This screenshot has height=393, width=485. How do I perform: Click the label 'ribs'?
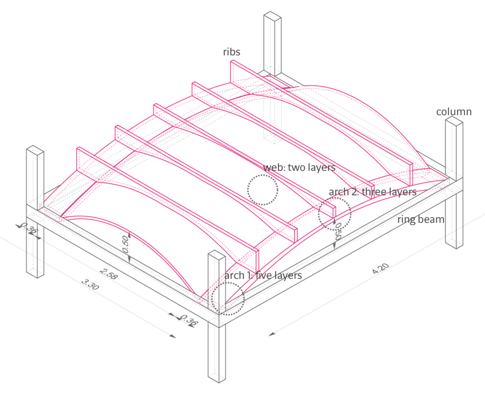tap(231, 52)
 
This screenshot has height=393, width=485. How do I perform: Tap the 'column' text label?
tap(454, 112)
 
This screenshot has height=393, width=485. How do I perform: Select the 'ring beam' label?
tap(421, 220)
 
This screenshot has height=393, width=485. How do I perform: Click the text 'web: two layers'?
tap(299, 168)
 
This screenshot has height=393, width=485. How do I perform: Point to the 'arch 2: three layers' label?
tap(373, 192)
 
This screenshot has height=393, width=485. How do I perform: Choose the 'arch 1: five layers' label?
tap(263, 276)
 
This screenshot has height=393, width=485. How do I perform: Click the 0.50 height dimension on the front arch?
tap(125, 245)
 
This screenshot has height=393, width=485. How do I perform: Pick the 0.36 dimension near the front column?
tap(190, 321)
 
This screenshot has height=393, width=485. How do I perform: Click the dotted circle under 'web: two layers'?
tap(263, 190)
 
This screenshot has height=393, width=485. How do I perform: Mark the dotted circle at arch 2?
tap(335, 213)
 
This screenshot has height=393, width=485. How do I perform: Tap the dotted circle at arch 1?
tap(228, 298)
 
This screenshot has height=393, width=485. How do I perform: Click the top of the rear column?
tap(273, 15)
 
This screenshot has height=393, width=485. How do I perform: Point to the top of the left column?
tap(34, 149)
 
